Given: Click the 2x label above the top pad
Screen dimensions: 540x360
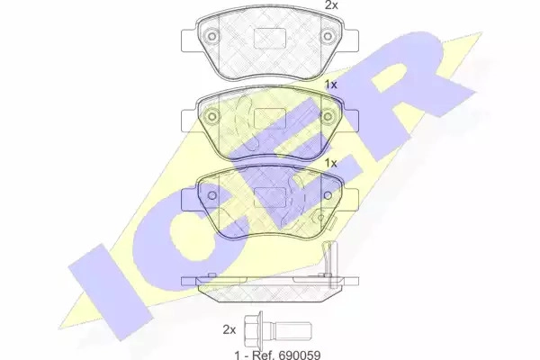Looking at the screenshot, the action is (x=331, y=5).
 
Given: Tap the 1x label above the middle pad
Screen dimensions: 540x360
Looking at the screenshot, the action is (x=331, y=85).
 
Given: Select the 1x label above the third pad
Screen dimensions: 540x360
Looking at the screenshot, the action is (x=331, y=163).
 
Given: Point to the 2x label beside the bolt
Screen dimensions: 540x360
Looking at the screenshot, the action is (x=229, y=329).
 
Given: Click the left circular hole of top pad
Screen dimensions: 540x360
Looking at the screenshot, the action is (x=212, y=36).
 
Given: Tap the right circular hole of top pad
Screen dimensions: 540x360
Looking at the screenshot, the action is (x=328, y=36).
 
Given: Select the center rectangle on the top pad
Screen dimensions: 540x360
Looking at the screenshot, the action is (x=270, y=38).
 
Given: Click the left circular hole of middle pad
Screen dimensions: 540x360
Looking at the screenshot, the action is (x=212, y=116).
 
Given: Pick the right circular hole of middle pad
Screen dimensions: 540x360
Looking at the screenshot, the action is (x=328, y=116).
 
